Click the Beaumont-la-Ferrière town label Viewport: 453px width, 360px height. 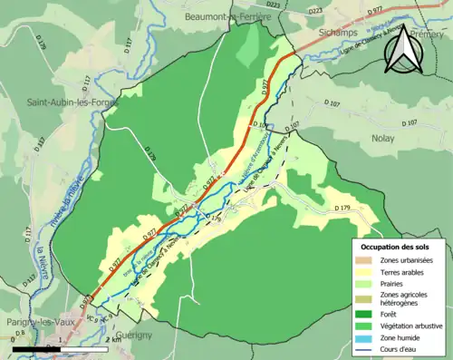228,16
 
